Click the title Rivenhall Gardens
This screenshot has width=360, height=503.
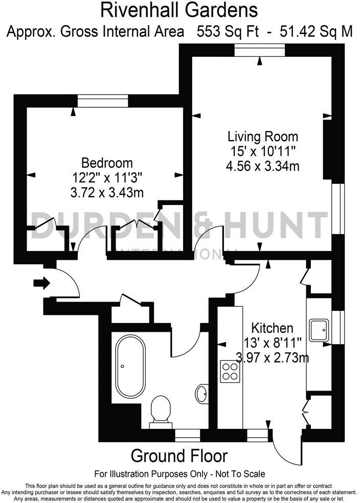point(179,10)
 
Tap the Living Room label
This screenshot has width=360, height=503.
point(262,136)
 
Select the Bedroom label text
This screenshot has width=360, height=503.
point(107,163)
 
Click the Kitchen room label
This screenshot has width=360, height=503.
point(272,328)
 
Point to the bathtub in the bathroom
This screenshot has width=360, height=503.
point(130,367)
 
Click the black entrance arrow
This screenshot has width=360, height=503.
point(41,282)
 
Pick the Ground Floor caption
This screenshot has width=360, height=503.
point(179,455)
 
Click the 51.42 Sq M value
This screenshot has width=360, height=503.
point(317,32)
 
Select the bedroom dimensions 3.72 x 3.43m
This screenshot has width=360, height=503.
point(107,192)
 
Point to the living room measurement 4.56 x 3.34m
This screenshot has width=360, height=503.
point(262,166)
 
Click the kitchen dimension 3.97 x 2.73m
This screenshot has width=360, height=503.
point(272,356)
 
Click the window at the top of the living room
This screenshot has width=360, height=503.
point(260,50)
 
